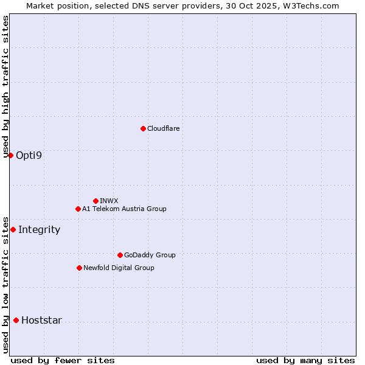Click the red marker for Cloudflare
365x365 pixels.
click(143, 128)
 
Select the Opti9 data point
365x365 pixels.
click(10, 155)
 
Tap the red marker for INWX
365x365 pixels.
click(96, 201)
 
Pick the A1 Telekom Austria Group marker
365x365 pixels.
click(78, 209)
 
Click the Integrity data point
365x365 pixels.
click(13, 229)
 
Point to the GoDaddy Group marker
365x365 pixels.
click(120, 255)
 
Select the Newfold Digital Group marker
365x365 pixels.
click(79, 268)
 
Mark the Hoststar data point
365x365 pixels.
click(16, 320)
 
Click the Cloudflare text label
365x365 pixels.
click(163, 128)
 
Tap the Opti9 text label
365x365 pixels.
click(29, 155)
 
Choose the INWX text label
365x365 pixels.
click(109, 201)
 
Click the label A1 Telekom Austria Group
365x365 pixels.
click(124, 209)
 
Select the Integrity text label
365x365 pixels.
click(39, 229)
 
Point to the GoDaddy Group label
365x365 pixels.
click(150, 255)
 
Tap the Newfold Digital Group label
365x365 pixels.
click(119, 268)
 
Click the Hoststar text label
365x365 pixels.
click(41, 320)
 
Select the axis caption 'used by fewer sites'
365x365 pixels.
click(63, 360)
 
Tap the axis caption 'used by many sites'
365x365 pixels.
click(305, 360)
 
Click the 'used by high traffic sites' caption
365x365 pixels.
click(5, 87)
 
